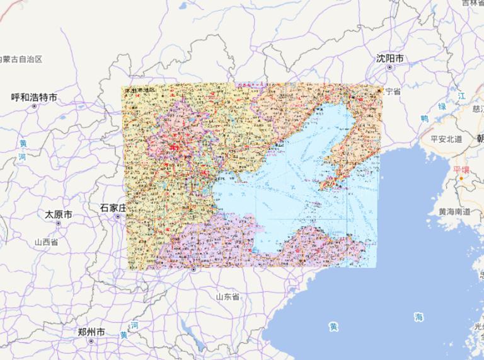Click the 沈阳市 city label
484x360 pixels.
(x=390, y=58)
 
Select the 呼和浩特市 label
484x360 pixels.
(x=34, y=97)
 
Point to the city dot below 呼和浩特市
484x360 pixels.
(x=34, y=106)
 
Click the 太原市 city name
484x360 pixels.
(x=59, y=214)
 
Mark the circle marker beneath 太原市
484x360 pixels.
(x=59, y=223)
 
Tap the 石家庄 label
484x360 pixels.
(x=113, y=207)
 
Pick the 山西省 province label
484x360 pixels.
(x=46, y=241)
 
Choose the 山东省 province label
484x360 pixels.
(x=228, y=296)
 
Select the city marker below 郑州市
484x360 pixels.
(x=91, y=340)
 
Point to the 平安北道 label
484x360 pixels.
(x=447, y=139)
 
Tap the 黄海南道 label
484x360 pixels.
(x=454, y=212)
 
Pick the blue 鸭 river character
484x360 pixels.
(x=425, y=118)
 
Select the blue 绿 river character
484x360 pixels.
(x=442, y=106)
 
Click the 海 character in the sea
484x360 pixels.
(x=418, y=317)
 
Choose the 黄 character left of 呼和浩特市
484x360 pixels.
(x=22, y=142)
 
